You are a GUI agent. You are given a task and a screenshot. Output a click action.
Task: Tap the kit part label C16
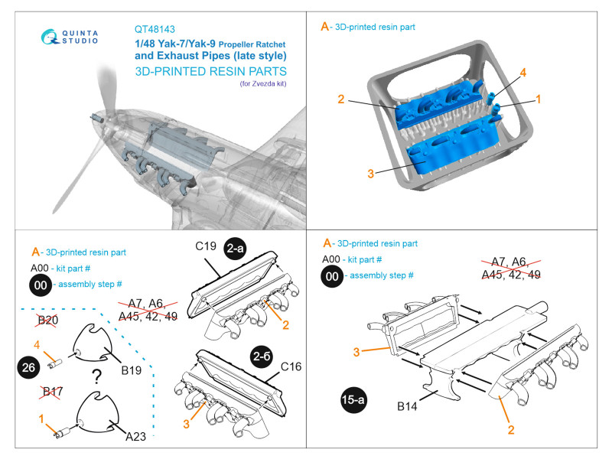click(x=290, y=367)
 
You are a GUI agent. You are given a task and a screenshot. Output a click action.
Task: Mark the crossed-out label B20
click(x=48, y=320)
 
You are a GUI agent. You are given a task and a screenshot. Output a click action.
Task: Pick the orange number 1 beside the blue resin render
click(x=539, y=99)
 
